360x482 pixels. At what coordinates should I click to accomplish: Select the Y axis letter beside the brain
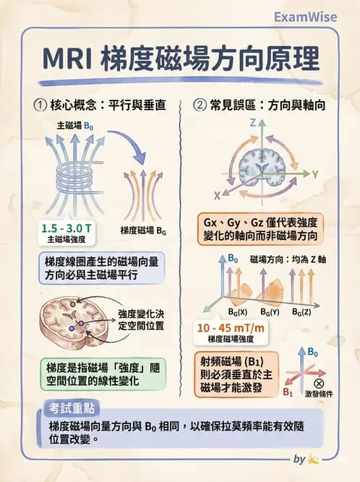[315, 174]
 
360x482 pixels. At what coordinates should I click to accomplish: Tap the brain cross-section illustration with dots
[76, 317]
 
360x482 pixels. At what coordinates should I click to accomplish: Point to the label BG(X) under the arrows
[235, 312]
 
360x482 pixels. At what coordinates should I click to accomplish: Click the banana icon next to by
[314, 459]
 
